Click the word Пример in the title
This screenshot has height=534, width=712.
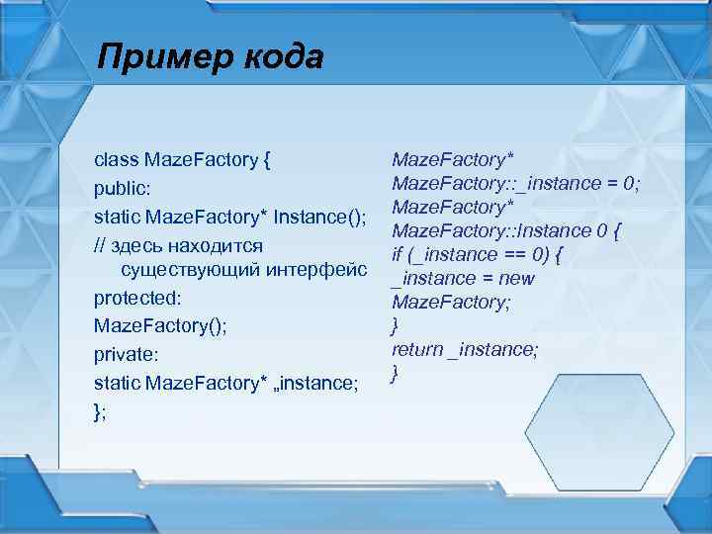[x=158, y=57]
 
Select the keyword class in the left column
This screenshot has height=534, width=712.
[x=116, y=159]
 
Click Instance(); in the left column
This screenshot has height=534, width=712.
[x=321, y=216]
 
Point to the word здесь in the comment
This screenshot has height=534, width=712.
[x=148, y=244]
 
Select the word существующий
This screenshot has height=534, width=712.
[x=184, y=269]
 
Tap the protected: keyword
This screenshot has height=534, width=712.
[x=135, y=298]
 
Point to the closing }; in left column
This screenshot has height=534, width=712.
[x=100, y=410]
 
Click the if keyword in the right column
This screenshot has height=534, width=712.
[x=398, y=254]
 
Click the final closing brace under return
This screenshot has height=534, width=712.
[x=396, y=373]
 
